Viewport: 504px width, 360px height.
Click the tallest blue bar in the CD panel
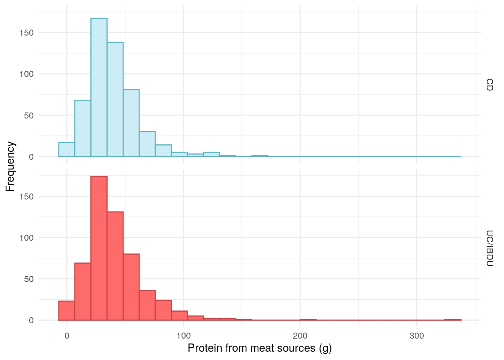coord(99,87)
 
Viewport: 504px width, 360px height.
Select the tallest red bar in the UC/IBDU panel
coord(99,248)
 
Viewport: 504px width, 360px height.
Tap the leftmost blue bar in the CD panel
coord(67,150)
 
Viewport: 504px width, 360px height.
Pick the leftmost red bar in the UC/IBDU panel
coord(67,310)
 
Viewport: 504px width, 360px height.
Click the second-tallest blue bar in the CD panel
coord(115,99)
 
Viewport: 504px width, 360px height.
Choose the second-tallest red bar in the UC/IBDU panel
coord(115,266)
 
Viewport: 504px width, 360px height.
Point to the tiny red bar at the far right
coord(453,319)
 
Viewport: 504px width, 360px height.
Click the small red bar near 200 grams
coord(308,319)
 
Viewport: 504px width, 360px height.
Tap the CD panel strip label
coord(489,85)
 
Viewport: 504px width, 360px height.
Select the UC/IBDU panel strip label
coord(489,248)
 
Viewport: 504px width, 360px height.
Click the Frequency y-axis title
coord(10,166)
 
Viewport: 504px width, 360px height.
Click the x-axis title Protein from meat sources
coord(259,348)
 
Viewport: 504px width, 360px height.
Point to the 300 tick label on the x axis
coord(417,336)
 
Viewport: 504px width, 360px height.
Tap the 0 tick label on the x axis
coord(67,336)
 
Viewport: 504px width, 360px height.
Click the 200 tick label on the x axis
coord(300,336)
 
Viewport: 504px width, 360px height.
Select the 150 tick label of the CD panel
coord(27,33)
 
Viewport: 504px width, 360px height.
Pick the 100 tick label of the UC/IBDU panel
coord(27,238)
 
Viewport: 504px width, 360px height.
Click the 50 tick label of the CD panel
coord(29,115)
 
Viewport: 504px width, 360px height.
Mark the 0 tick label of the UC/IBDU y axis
coord(31,320)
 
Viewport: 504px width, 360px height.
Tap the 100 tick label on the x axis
coord(183,336)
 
